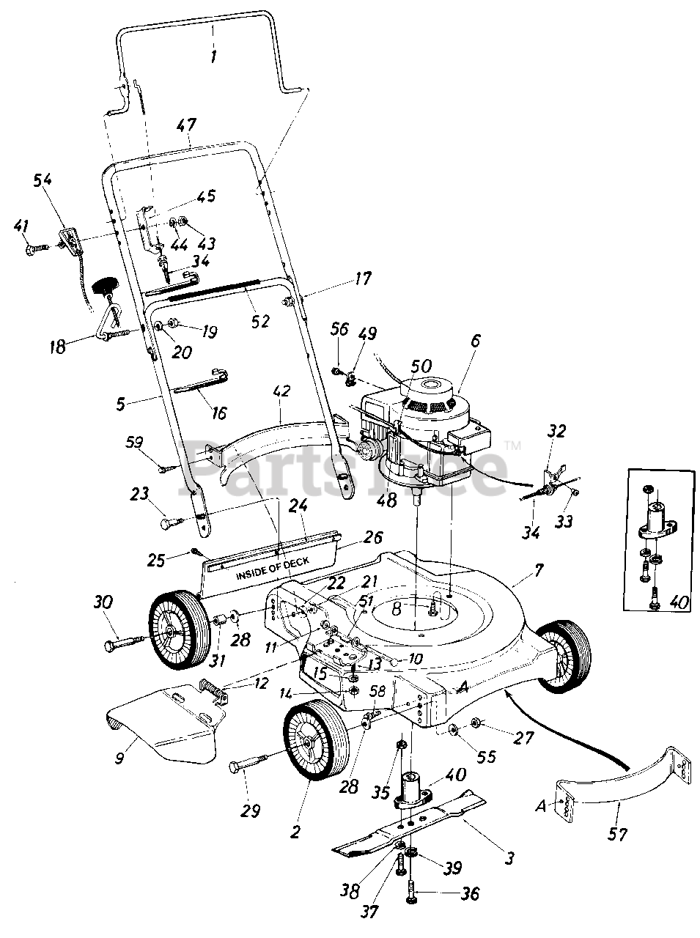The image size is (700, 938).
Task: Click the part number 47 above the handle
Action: pyautogui.click(x=186, y=125)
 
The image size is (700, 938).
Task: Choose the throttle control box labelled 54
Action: pyautogui.click(x=69, y=240)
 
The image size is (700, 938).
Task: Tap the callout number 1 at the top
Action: pyautogui.click(x=213, y=56)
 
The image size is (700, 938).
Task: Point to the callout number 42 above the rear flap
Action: pyautogui.click(x=281, y=391)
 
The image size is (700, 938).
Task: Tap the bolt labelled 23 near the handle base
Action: pyautogui.click(x=172, y=523)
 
